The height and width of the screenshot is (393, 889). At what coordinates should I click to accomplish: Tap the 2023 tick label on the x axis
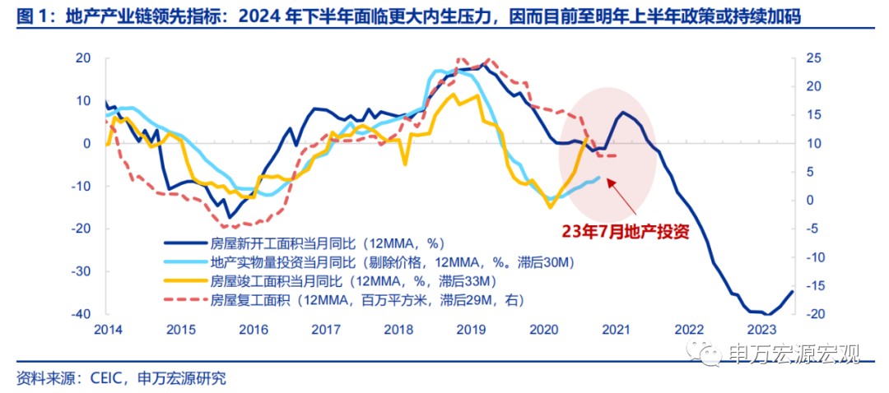click(761, 330)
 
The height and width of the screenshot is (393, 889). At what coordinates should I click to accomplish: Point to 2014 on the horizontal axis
click(107, 330)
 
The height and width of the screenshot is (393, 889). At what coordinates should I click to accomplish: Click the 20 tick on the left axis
click(83, 58)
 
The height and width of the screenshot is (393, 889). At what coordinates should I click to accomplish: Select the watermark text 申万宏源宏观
click(794, 354)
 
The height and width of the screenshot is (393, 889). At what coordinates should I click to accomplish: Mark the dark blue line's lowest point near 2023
click(767, 313)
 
